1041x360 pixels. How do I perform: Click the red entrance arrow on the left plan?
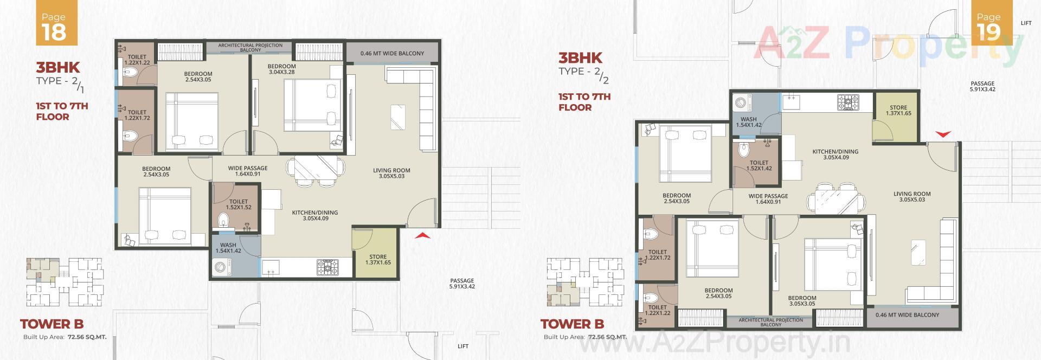coord(422,236)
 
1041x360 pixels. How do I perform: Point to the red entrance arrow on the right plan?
coord(943,134)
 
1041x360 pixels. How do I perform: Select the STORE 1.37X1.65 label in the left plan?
coord(378,260)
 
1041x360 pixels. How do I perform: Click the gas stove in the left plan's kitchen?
coord(327,266)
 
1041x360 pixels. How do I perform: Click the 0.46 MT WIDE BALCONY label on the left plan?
coord(392,53)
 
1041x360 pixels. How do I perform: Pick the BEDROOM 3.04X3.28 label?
coord(281,69)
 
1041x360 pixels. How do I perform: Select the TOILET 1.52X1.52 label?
coord(239,204)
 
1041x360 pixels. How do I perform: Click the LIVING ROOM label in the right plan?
coord(912,196)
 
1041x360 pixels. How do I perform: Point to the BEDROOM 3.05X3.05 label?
coord(802,301)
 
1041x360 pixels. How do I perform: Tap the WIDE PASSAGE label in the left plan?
coord(247,171)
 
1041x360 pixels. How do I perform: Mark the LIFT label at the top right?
coord(1025,23)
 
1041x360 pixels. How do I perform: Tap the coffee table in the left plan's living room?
coord(397,117)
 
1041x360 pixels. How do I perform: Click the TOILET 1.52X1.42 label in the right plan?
coord(759,165)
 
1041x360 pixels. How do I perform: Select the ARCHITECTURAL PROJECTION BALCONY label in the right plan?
coord(770,322)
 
